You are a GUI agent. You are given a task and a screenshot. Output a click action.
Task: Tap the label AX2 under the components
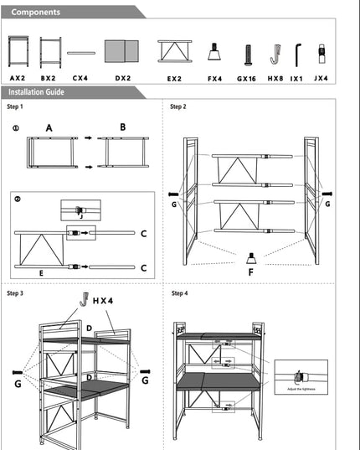(18, 77)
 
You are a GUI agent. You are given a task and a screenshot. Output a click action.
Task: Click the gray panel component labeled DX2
(123, 53)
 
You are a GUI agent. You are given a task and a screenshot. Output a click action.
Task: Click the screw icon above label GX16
(247, 54)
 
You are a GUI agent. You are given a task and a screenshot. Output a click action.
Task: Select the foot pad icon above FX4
(214, 52)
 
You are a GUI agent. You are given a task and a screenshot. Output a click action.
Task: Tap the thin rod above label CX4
(80, 52)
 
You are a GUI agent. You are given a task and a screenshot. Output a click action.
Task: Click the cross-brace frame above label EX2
(174, 52)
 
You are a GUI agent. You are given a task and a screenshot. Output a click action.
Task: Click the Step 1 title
(15, 107)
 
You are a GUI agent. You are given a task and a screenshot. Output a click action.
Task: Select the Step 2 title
(178, 107)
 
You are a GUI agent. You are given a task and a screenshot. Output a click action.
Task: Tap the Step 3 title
(15, 293)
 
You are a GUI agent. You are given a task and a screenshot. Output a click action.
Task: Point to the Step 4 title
(179, 293)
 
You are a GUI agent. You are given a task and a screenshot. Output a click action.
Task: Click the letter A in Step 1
(49, 128)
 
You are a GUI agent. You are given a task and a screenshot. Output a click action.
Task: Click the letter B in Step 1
(122, 127)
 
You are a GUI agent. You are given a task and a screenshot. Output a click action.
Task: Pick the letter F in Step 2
(249, 272)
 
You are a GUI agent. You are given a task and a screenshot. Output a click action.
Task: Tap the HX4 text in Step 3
(104, 299)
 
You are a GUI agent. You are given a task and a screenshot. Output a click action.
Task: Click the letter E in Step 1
(40, 272)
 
